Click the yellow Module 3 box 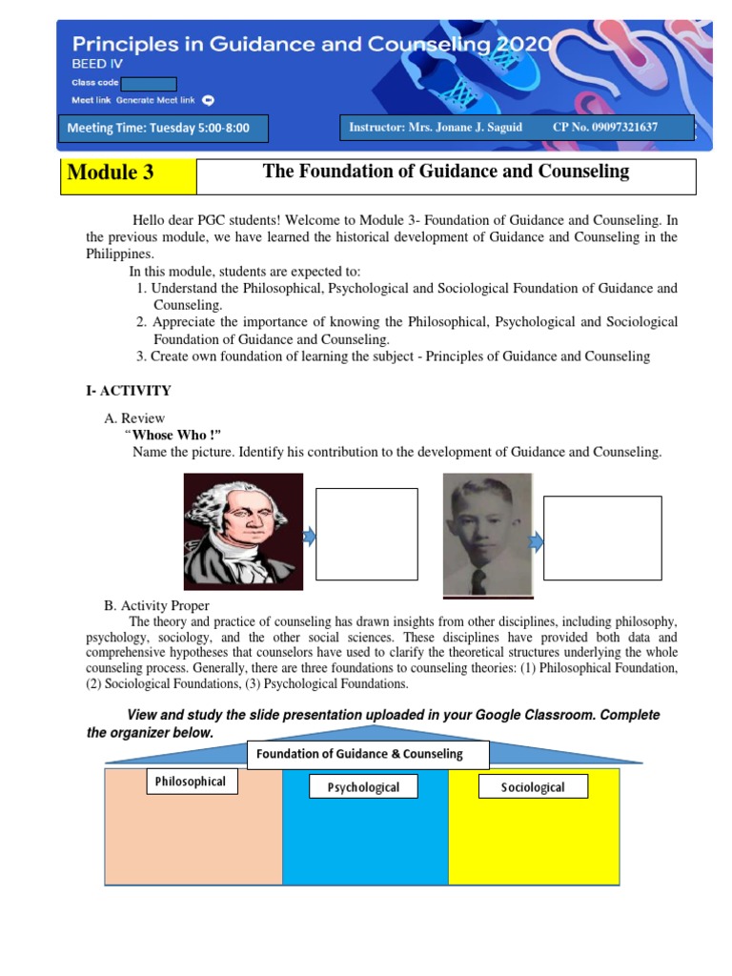128,176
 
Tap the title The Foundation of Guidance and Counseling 446,172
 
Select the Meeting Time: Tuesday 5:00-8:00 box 162,128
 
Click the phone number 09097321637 620,127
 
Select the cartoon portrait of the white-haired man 243,532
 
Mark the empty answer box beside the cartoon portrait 366,534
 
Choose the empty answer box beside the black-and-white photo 602,538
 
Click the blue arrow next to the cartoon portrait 309,538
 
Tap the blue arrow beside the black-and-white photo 537,542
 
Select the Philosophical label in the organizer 191,782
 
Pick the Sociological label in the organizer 533,787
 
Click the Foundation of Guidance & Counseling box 368,754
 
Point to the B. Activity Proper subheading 156,605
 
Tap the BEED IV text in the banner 91,64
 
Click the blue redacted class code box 149,83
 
